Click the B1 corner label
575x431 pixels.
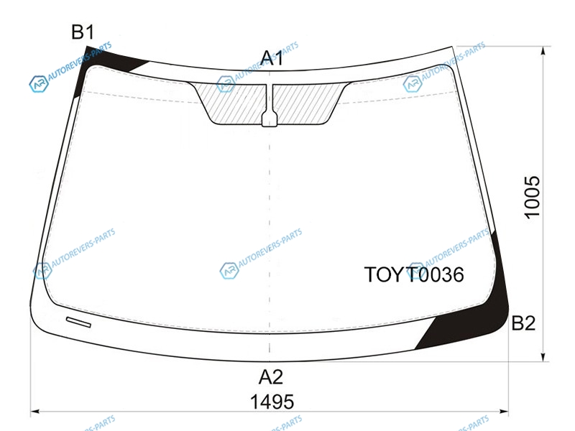(x=83, y=32)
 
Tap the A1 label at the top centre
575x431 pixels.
(x=272, y=58)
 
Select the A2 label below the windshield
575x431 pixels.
(x=271, y=376)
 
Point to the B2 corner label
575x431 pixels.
(x=523, y=323)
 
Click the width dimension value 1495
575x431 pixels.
(x=272, y=402)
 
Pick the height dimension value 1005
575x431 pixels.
(x=532, y=198)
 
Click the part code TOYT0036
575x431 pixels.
(x=414, y=274)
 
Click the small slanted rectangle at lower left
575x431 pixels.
(x=78, y=322)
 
